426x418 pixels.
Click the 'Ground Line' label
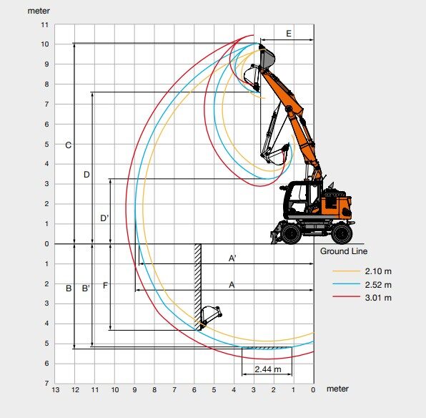click(344, 251)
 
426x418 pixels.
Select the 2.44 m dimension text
click(268, 369)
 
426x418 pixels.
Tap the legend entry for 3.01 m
click(362, 298)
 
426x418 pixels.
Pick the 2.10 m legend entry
click(362, 271)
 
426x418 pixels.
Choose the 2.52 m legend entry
click(362, 285)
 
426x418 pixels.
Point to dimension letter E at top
click(289, 34)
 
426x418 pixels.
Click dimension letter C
click(68, 145)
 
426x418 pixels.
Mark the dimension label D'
click(104, 218)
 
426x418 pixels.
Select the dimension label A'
click(232, 258)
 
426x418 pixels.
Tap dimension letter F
click(105, 286)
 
